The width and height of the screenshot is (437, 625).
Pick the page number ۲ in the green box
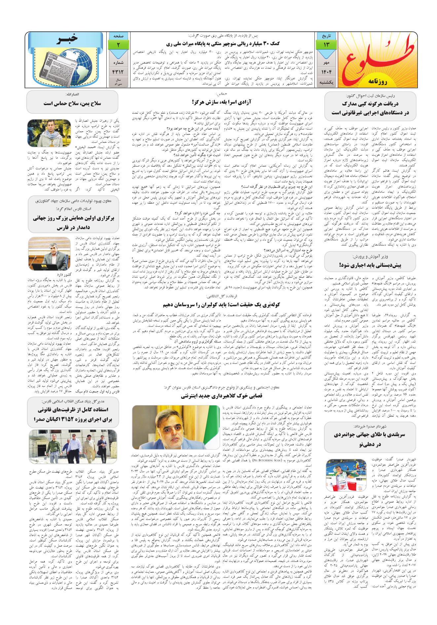118,44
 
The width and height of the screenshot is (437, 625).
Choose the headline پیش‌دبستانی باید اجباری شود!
370,266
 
